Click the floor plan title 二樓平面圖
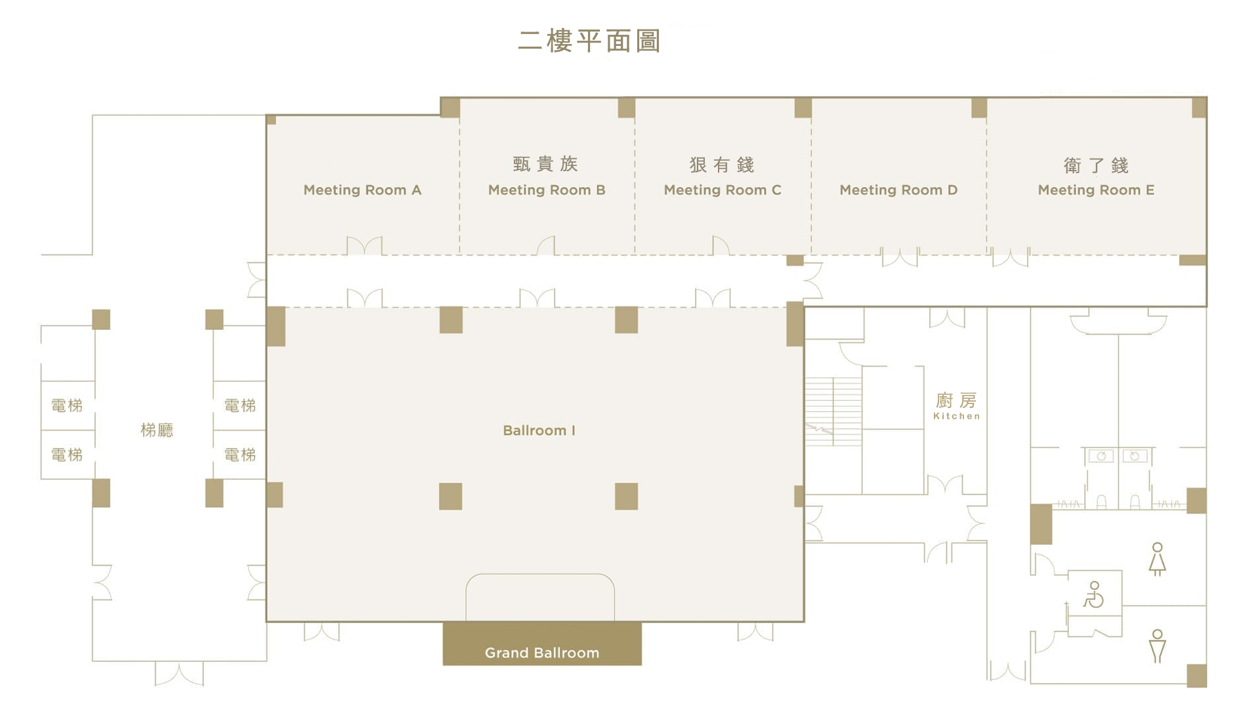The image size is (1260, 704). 589,41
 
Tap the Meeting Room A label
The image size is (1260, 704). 362,190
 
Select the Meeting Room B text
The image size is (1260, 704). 547,190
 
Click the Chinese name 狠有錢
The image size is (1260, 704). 722,165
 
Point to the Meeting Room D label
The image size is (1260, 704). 898,190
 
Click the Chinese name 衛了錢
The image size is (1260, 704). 1096,165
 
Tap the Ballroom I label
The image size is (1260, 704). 539,430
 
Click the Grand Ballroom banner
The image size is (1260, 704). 542,644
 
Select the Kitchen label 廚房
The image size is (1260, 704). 956,400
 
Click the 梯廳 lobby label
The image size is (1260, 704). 157,430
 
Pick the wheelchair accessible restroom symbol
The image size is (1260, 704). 1093,594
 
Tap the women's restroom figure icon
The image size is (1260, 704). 1157,559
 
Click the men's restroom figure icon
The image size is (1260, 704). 1157,646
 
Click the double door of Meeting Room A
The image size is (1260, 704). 364,245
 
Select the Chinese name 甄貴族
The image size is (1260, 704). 545,164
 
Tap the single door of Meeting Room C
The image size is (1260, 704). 721,245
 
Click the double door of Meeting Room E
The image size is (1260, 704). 1011,257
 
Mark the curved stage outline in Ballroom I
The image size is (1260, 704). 540,597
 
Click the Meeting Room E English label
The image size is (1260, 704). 1096,190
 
